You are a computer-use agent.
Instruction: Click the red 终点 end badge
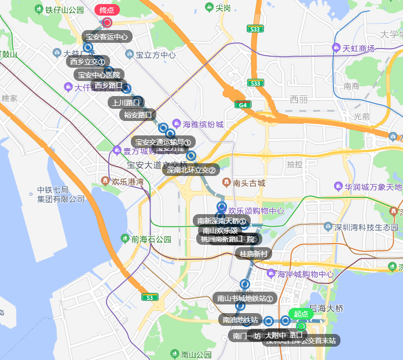tap(107, 10)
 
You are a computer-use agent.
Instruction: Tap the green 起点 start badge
tap(301, 314)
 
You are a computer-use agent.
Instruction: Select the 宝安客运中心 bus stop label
tap(107, 37)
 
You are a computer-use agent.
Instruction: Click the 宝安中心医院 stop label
tap(99, 75)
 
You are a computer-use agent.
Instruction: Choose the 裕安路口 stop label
tap(138, 115)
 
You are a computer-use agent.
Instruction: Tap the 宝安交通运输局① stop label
tap(164, 142)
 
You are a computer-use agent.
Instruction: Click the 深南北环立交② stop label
tap(191, 170)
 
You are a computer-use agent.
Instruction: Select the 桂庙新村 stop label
tap(253, 254)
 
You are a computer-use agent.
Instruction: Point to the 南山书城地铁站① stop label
tap(244, 299)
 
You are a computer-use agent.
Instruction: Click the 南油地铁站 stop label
tap(240, 319)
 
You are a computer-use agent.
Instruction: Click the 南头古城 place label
tap(249, 183)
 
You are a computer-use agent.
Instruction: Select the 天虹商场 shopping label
tap(358, 48)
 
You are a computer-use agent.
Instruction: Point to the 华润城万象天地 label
tap(373, 187)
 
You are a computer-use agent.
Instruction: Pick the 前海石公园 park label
tap(151, 238)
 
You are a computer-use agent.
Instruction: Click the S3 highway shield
tap(150, 297)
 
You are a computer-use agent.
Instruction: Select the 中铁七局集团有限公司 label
tap(61, 194)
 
